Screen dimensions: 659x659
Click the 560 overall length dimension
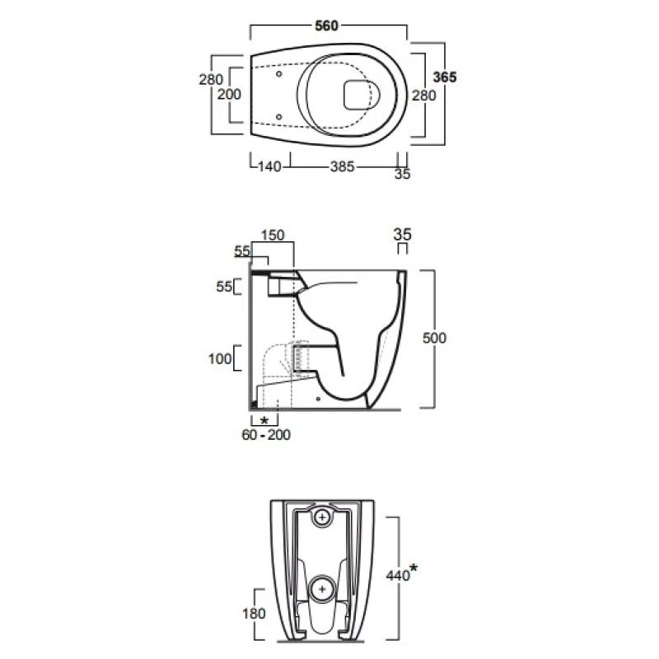pos(327,26)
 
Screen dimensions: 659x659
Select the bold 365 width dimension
pos(445,76)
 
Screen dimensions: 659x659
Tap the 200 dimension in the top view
pos(229,95)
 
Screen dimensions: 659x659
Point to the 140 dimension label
pos(269,166)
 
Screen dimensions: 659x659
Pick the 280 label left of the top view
pos(211,80)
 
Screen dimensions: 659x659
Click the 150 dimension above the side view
pos(273,235)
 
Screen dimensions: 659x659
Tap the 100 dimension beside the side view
pos(220,358)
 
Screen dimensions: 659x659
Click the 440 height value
pos(398,576)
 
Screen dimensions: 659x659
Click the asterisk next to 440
pos(414,568)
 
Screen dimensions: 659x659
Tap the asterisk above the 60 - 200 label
pos(264,420)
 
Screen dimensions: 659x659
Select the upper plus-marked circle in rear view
pos(324,519)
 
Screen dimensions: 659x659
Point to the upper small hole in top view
pos(279,73)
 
